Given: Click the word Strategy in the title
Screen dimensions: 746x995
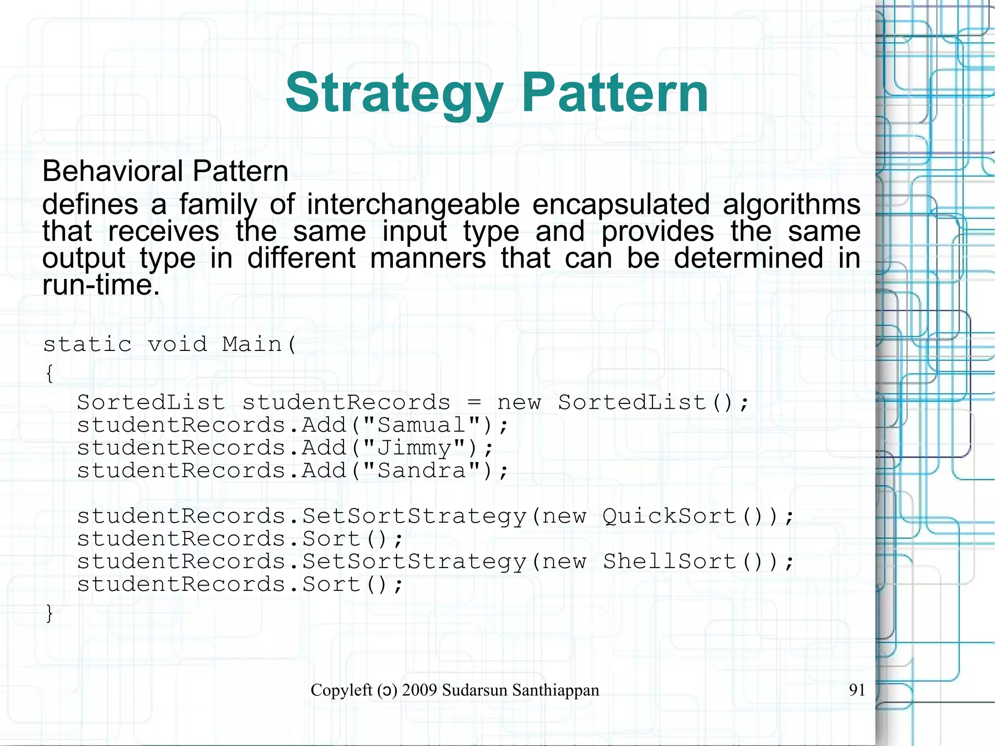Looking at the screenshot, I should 394,93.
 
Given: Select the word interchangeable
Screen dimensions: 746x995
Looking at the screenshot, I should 413,204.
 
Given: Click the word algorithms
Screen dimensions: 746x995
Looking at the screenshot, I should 791,204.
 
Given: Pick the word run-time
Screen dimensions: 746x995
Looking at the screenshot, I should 101,285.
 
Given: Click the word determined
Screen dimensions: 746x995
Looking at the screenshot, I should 748,258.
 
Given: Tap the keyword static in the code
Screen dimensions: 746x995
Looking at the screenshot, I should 87,345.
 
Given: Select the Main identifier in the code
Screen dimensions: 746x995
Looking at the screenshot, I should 252,345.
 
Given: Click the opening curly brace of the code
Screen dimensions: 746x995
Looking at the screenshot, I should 49,374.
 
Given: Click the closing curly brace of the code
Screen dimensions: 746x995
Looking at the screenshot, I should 49,613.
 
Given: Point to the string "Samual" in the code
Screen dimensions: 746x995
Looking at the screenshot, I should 422,425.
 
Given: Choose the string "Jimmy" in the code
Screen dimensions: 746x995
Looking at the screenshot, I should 414,448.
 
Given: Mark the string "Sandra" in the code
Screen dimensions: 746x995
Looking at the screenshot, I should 422,470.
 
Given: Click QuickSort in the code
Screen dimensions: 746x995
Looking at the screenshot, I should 669,516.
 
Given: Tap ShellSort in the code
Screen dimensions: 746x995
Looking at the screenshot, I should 669,562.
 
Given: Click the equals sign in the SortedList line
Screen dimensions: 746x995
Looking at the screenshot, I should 474,403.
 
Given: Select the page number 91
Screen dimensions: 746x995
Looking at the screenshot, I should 857,690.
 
